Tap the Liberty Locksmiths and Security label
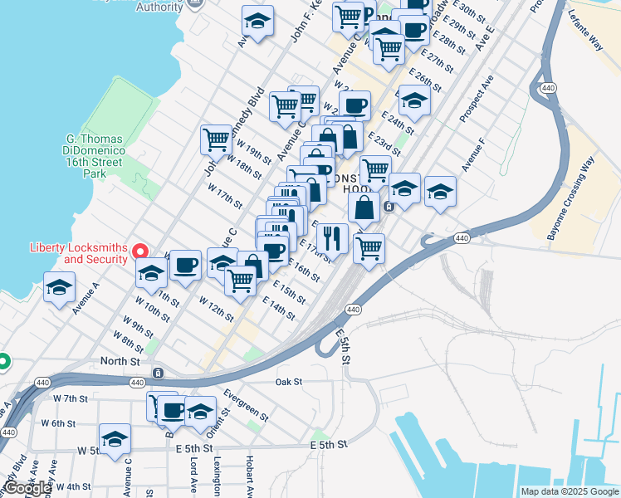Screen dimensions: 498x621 click(x=80, y=253)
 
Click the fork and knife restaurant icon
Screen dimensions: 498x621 click(x=332, y=238)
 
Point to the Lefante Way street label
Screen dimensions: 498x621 click(x=585, y=33)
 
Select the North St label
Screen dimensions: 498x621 click(x=120, y=361)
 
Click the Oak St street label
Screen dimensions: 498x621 click(x=288, y=382)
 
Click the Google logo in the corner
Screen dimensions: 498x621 click(x=27, y=488)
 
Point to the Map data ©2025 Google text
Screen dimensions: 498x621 click(x=569, y=491)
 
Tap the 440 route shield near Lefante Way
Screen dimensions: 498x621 click(x=547, y=87)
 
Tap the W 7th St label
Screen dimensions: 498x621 click(x=71, y=398)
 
